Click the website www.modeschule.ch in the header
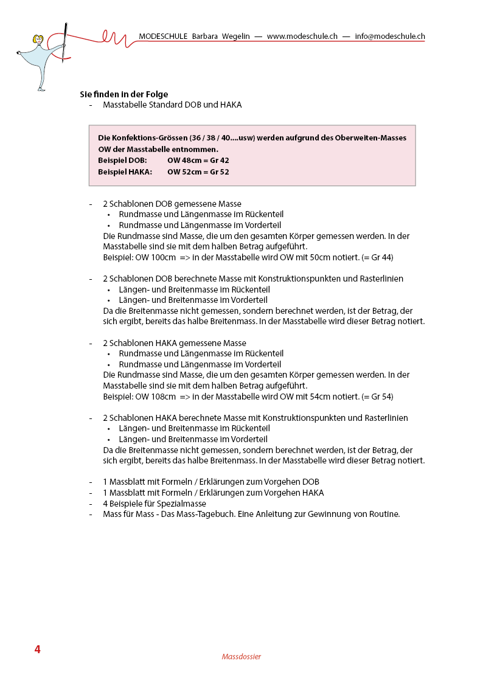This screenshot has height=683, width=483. (302, 36)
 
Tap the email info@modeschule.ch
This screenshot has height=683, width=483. (389, 36)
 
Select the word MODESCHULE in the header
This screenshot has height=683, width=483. (163, 36)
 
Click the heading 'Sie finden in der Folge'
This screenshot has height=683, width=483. (124, 94)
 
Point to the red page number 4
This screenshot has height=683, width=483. (37, 650)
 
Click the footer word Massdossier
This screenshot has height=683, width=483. (241, 657)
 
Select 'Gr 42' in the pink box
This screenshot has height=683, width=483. (220, 161)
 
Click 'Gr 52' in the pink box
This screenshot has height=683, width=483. (220, 172)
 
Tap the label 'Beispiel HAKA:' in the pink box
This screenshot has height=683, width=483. (125, 172)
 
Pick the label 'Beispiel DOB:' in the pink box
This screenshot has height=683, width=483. (122, 161)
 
